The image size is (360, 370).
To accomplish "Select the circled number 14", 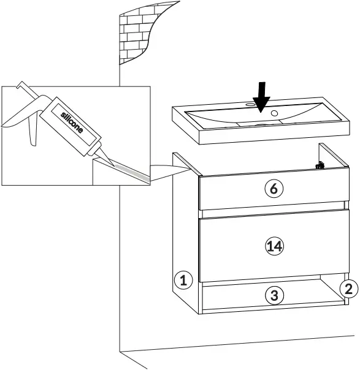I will click(x=274, y=246).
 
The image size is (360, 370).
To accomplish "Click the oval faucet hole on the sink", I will click(x=250, y=105).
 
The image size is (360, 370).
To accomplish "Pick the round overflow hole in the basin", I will click(x=275, y=113).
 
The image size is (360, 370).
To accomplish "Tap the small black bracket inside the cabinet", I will click(x=319, y=164).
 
